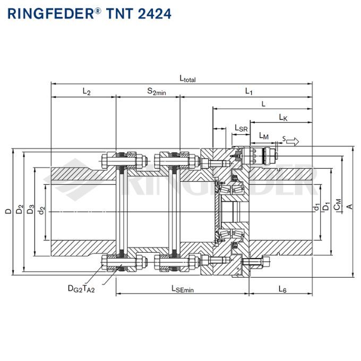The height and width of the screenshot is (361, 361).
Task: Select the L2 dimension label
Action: (x=86, y=91)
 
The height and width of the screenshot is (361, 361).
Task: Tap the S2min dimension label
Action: (x=156, y=91)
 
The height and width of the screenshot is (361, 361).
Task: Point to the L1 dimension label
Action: (x=248, y=91)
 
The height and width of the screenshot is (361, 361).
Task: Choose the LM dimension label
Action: (x=263, y=136)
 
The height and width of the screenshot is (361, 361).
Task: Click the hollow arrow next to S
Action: (x=294, y=141)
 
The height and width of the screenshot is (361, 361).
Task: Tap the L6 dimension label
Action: (x=282, y=289)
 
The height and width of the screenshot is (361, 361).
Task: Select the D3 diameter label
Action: (x=31, y=210)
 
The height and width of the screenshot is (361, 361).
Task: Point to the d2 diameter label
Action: (x=43, y=210)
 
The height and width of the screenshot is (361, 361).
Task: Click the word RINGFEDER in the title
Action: (x=50, y=13)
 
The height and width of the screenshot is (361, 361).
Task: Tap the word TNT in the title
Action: (x=116, y=13)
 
